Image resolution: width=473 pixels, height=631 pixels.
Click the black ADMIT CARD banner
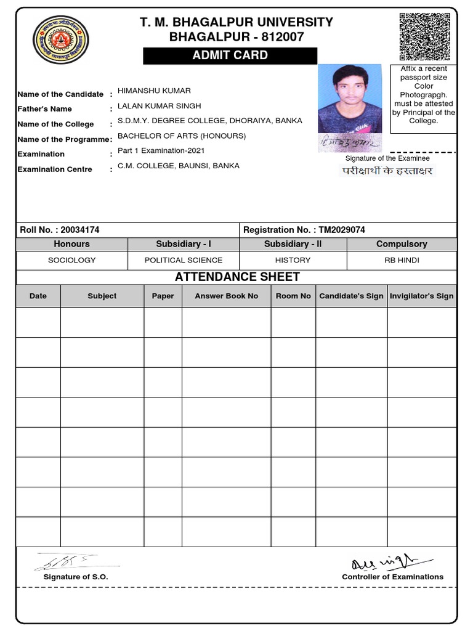click(230, 55)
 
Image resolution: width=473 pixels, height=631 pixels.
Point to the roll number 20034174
click(80, 230)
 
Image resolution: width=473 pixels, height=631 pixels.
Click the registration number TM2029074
click(342, 230)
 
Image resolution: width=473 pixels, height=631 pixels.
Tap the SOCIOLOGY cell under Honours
click(72, 260)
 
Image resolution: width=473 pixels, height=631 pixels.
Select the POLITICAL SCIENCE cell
click(184, 260)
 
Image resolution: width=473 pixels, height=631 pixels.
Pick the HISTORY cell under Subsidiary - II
click(293, 260)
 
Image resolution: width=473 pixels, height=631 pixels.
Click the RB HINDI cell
click(402, 260)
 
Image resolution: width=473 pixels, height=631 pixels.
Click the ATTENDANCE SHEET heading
click(237, 277)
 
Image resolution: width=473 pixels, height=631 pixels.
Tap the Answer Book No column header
click(226, 296)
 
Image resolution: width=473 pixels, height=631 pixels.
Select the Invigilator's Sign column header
click(421, 296)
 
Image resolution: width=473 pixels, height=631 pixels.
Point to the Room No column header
click(293, 296)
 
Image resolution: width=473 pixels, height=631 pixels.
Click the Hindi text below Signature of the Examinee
click(387, 171)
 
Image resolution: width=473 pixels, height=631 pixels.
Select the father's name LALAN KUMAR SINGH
click(160, 106)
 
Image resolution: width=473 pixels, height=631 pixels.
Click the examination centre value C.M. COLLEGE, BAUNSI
click(179, 166)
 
